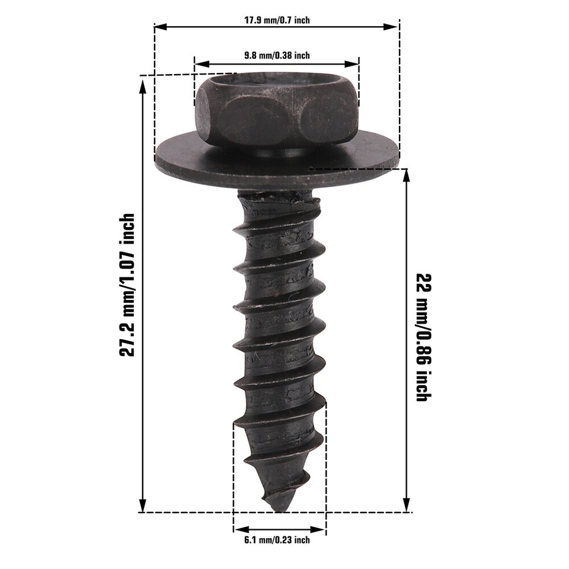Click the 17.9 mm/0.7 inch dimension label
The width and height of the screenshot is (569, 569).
(277, 20)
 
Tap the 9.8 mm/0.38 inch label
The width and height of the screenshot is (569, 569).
(277, 56)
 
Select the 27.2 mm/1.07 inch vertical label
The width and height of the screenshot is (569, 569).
(127, 285)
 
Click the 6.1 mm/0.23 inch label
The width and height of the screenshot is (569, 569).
(277, 540)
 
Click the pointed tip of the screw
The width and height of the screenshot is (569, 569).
(278, 508)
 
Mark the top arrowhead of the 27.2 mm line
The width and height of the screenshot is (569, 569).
(142, 86)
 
